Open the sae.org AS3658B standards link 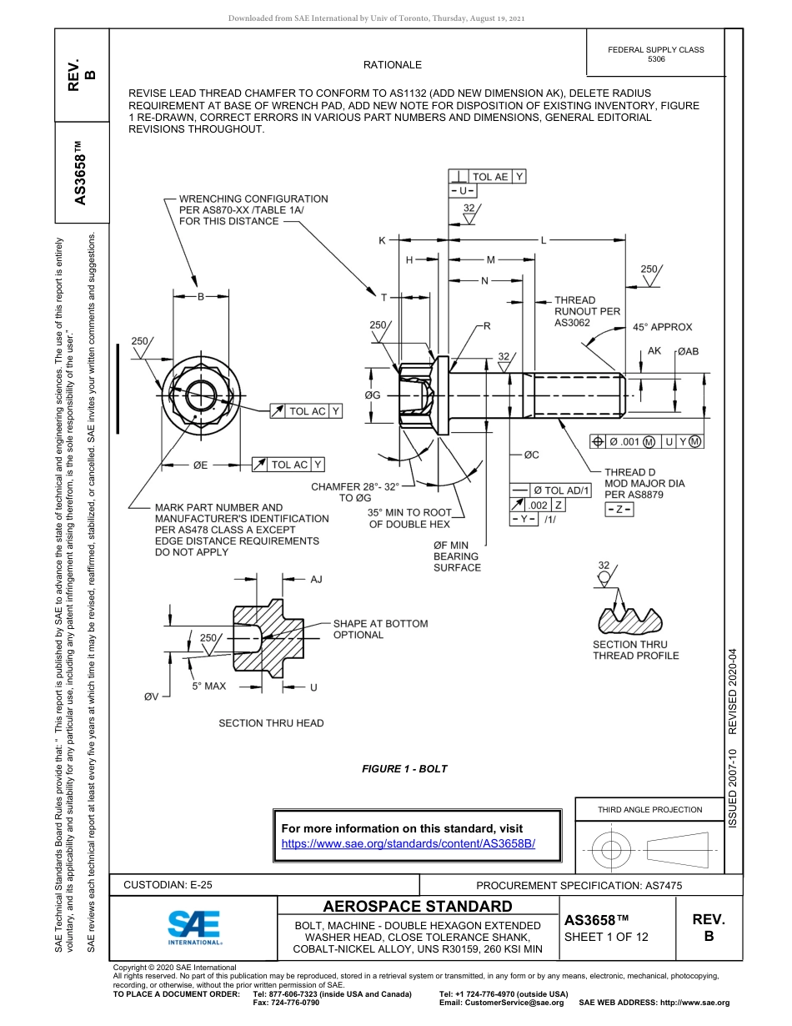pos(409,843)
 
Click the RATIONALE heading pos(393,65)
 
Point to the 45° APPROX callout pos(661,327)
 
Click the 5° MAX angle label pos(208,686)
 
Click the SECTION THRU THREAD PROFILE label pos(635,650)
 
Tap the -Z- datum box pos(619,510)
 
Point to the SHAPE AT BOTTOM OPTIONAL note pos(380,629)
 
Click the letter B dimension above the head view pos(200,296)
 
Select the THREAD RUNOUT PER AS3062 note pos(587,311)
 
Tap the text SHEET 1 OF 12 pos(606,937)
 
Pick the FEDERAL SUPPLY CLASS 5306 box pos(656,54)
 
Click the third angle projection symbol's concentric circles pos(611,850)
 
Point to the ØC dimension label pos(531,455)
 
